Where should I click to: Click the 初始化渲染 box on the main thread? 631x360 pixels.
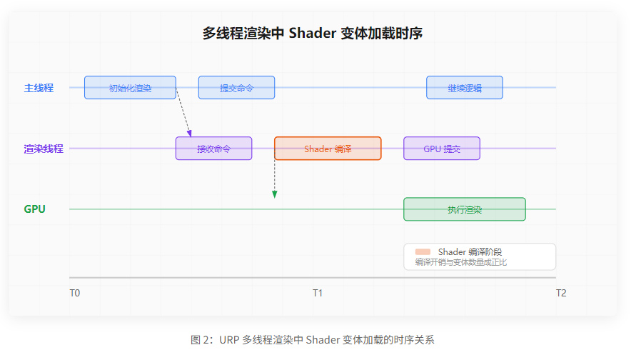[130, 88]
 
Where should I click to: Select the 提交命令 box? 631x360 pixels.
[236, 88]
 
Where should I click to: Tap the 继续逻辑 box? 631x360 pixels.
[465, 88]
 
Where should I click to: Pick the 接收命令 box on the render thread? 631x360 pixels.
[213, 149]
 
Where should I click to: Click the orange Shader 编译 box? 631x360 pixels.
[328, 149]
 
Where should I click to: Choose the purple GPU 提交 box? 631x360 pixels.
[442, 149]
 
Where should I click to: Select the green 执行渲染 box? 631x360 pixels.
[465, 209]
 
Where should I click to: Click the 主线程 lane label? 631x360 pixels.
[39, 88]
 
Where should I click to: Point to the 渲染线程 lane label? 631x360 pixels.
[44, 149]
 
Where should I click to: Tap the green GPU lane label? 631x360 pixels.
[35, 209]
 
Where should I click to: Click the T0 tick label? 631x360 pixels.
[75, 293]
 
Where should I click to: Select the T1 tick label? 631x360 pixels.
[318, 293]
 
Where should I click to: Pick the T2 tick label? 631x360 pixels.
[561, 293]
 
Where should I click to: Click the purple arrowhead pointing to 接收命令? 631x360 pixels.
[190, 133]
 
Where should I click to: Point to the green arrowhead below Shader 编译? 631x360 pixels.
[275, 194]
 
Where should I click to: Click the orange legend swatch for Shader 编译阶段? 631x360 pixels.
[423, 251]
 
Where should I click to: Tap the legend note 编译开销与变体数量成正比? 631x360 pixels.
[461, 262]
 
